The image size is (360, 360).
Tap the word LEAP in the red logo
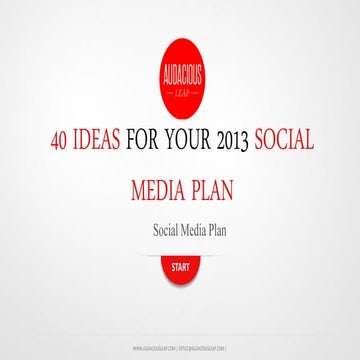(x=181, y=90)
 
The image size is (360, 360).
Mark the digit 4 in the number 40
(x=53, y=142)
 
